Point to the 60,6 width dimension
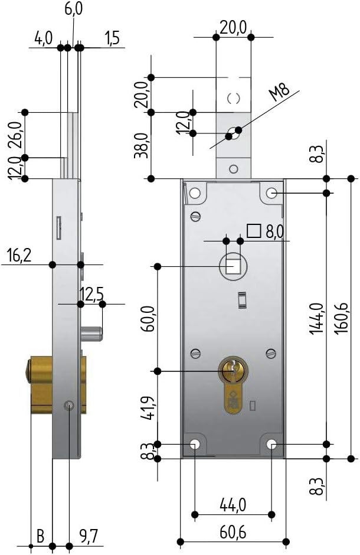pyautogui.click(x=233, y=531)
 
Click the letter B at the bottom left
pyautogui.click(x=41, y=536)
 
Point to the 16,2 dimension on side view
pyautogui.click(x=20, y=255)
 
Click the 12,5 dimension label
pyautogui.click(x=91, y=293)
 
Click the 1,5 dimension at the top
pyautogui.click(x=112, y=38)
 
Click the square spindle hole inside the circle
pyautogui.click(x=233, y=267)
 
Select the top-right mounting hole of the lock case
pyautogui.click(x=271, y=193)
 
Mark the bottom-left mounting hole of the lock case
pyautogui.click(x=195, y=444)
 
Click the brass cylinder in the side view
pyautogui.click(x=41, y=384)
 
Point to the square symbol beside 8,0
pyautogui.click(x=254, y=231)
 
